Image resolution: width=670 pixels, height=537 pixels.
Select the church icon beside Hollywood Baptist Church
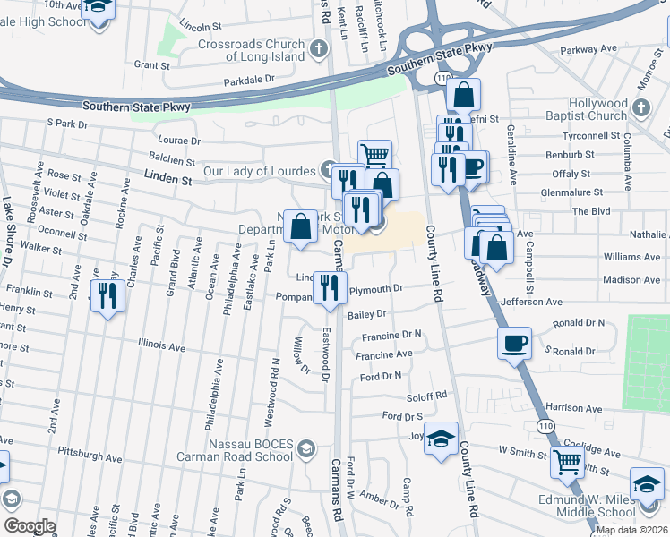(640, 108)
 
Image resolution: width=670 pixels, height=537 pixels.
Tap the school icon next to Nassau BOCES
(306, 448)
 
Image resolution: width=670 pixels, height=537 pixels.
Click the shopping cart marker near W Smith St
(568, 463)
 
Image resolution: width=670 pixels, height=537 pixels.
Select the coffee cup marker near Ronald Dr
(514, 344)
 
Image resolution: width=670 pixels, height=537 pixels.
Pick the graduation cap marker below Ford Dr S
(441, 439)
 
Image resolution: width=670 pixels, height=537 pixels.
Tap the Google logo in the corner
(29, 525)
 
